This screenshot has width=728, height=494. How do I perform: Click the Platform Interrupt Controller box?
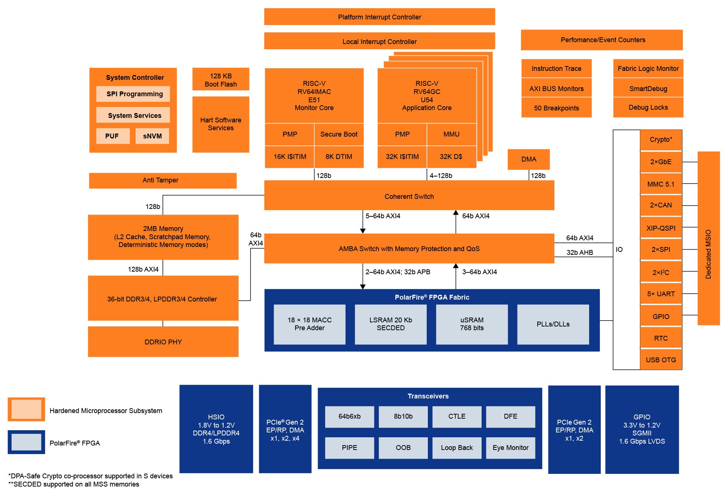coord(379,17)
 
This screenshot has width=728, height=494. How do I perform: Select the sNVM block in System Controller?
coord(152,136)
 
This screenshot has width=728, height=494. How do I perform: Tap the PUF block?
coord(112,136)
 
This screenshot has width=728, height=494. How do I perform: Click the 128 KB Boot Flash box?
coord(221,79)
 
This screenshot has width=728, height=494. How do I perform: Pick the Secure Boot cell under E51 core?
coord(339,134)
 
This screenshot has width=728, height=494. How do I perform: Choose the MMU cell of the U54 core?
coord(451,134)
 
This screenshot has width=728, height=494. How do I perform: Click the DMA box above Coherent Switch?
coord(529,159)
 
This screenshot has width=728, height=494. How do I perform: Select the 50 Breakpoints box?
coord(556,108)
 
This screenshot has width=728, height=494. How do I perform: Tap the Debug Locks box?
coord(648,107)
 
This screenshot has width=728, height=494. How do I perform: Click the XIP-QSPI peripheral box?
coord(661,228)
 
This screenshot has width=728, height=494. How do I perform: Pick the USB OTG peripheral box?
coord(661,360)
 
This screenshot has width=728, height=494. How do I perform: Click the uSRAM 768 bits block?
coord(472,324)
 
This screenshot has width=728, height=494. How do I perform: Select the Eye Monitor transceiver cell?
coord(510,448)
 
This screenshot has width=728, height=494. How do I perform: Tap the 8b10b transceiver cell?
coord(403,416)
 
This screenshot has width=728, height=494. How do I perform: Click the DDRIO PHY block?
coord(163,342)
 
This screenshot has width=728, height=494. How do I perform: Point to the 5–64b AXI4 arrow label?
coord(383,216)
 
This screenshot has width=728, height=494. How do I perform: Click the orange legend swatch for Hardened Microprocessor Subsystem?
coord(27,409)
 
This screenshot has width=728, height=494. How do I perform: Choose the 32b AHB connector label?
coord(579,253)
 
